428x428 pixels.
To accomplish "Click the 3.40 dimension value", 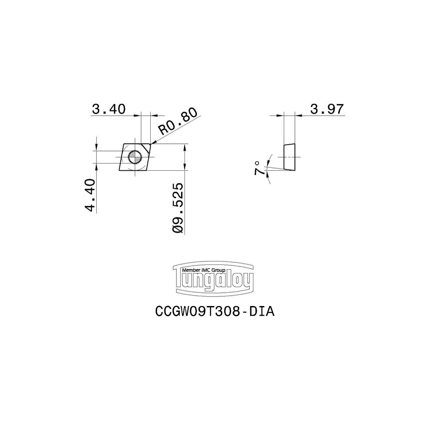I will click(x=109, y=109).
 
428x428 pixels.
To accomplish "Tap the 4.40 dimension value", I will click(x=89, y=195).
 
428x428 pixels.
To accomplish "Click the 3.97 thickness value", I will click(x=327, y=109).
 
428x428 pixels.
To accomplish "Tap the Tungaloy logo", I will click(x=213, y=280).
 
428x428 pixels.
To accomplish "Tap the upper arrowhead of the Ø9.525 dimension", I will click(x=184, y=147).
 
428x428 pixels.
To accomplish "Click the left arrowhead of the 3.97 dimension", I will click(x=280, y=115).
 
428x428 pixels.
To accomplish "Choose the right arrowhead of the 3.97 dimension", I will click(x=298, y=115).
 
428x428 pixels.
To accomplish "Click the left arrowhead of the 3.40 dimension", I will click(x=138, y=115).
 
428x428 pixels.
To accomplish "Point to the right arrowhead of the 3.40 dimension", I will click(x=155, y=115).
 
